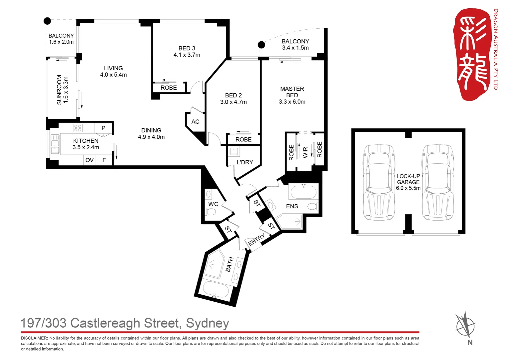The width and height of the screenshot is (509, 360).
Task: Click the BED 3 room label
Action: [x=187, y=48]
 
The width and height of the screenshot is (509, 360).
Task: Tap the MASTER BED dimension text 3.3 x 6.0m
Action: [x=292, y=102]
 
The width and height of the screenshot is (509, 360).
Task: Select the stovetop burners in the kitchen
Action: [x=78, y=128]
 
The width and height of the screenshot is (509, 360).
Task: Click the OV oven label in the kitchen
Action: [x=90, y=160]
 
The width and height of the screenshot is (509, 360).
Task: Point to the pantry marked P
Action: [x=103, y=128]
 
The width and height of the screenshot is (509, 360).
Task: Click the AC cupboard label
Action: [x=195, y=122]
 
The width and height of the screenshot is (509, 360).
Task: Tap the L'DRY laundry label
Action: [x=245, y=162]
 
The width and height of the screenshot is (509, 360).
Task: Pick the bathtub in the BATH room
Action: [x=216, y=289]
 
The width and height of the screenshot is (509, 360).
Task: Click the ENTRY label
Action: [x=256, y=239]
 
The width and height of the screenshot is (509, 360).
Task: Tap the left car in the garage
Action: [x=379, y=182]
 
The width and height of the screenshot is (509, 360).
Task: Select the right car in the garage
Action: [x=438, y=182]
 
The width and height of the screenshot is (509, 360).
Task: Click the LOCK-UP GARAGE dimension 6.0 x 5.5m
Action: [x=408, y=188]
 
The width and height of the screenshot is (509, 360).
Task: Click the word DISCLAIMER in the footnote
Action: [x=34, y=338]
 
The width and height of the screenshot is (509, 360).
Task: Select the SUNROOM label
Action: [x=59, y=90]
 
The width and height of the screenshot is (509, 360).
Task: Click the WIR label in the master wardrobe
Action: [x=305, y=152]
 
